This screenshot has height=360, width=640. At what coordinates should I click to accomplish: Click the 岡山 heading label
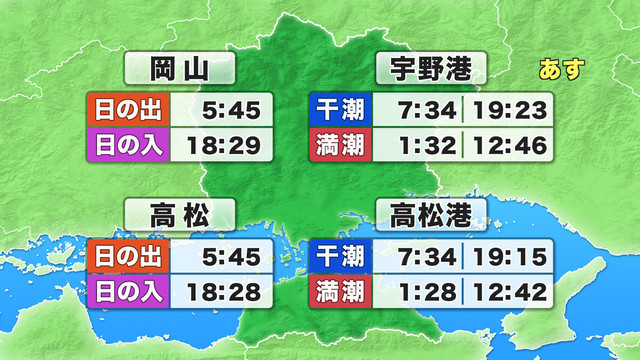coord(179,69)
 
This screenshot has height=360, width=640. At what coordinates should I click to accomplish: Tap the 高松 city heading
coord(179,213)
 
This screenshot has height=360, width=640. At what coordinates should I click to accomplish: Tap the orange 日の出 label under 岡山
coord(129,107)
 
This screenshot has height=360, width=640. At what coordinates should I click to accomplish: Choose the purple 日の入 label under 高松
coord(129,294)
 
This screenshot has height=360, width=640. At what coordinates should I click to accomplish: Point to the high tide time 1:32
coord(421,146)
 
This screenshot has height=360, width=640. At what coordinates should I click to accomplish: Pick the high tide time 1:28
coord(421,294)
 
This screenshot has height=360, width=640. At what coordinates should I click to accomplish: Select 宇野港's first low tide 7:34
coord(421,107)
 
